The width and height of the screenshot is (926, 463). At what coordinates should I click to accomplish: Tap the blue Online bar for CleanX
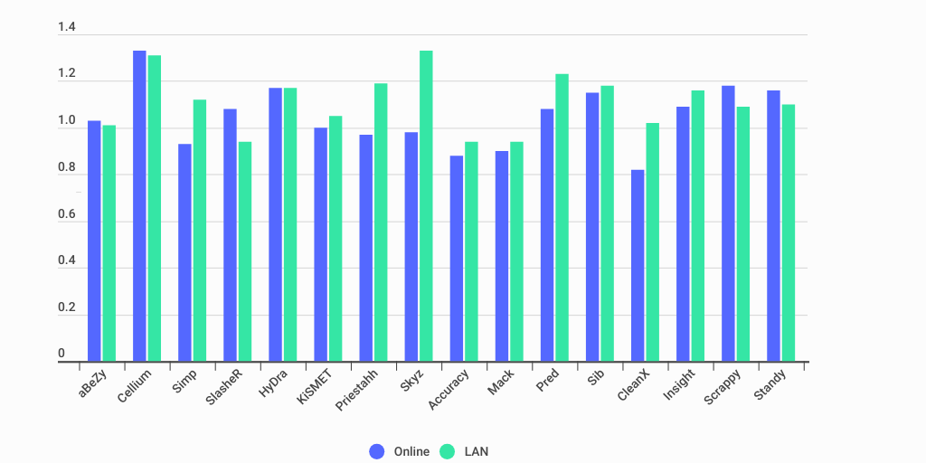pos(638,266)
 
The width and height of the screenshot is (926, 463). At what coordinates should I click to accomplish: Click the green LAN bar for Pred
pos(562,218)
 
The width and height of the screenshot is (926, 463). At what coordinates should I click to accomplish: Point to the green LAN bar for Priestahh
pos(381,222)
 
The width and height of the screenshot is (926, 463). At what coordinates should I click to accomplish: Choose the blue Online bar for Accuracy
pos(457,259)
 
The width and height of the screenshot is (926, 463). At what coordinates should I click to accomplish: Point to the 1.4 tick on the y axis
pos(67,27)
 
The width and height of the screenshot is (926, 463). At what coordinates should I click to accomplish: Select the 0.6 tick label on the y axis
pos(67,213)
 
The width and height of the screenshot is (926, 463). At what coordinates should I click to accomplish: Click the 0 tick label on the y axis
pos(61,354)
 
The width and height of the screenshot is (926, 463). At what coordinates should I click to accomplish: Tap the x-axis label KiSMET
pos(316,387)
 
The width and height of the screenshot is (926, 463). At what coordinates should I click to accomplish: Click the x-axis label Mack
pos(501,383)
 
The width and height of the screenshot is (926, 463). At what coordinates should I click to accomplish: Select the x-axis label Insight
pos(680,386)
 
